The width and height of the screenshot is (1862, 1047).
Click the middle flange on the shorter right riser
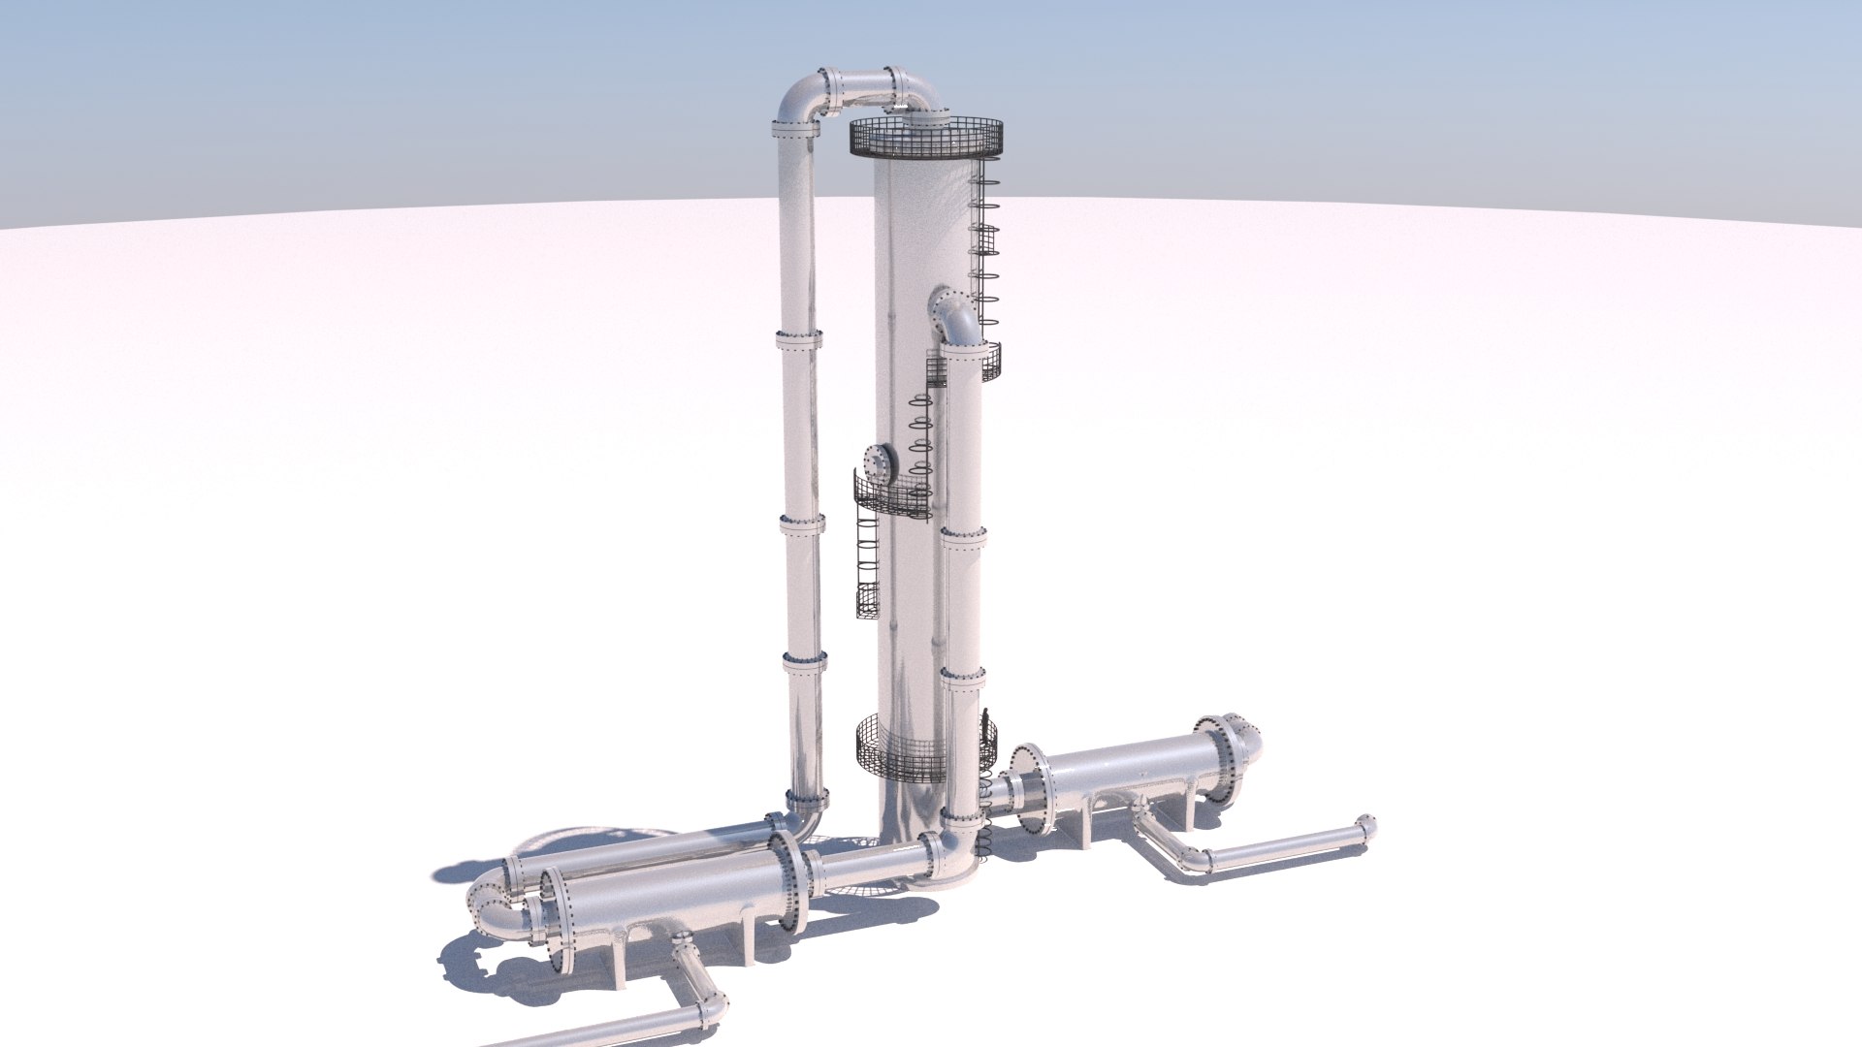coord(963,536)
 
